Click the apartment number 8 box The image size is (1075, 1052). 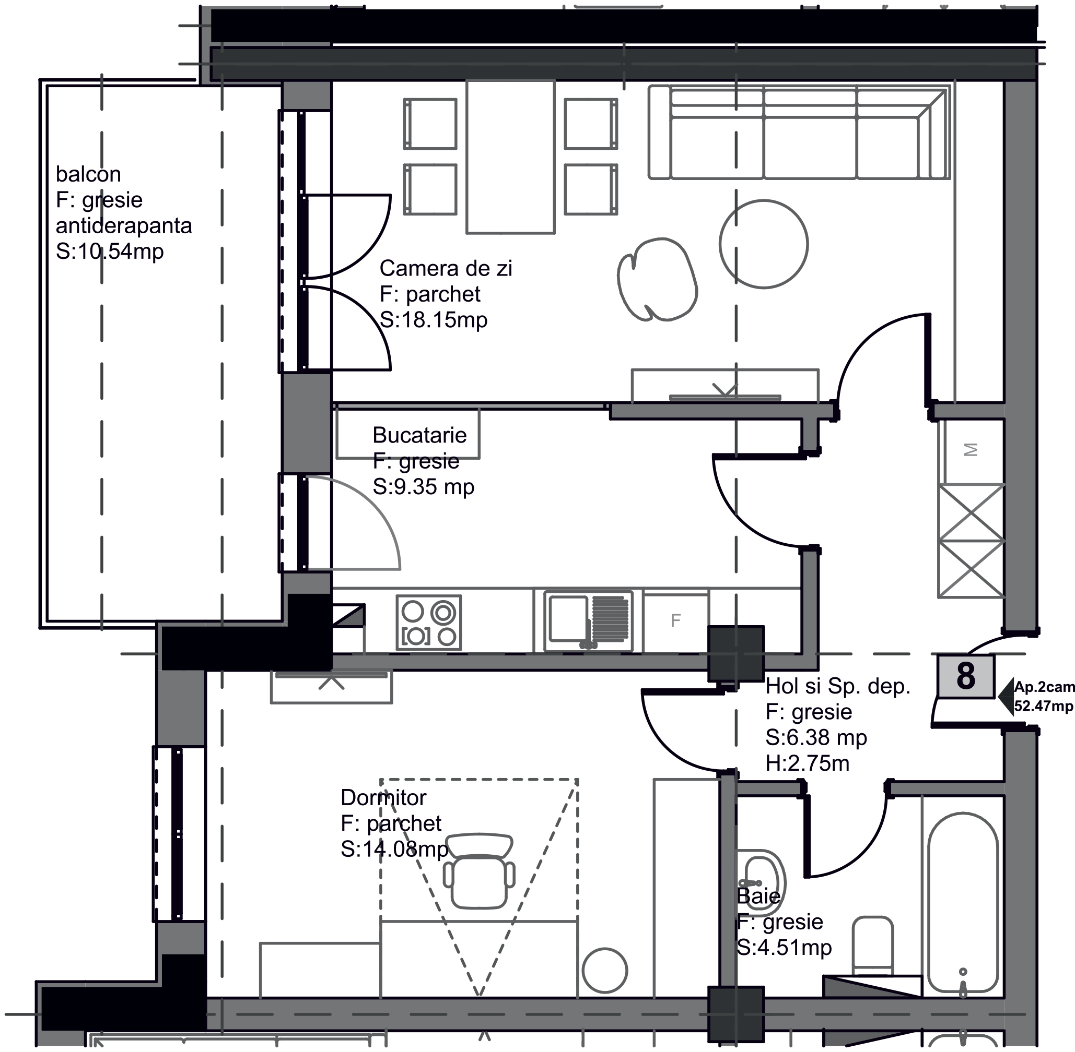coord(965,676)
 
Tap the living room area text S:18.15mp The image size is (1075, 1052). coord(434,320)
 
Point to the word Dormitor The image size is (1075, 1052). coord(383,798)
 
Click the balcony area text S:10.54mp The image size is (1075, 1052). coord(110,252)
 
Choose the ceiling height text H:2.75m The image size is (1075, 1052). coord(808,763)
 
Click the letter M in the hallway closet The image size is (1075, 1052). coord(971,450)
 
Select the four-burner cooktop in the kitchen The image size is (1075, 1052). coord(428,621)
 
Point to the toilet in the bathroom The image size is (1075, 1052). coord(873,947)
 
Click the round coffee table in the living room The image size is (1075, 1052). coord(764,244)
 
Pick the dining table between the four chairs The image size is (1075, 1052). coord(510,157)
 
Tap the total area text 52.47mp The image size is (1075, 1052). coord(1044,706)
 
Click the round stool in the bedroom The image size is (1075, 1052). coord(604,971)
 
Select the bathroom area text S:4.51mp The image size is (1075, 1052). coord(784,948)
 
